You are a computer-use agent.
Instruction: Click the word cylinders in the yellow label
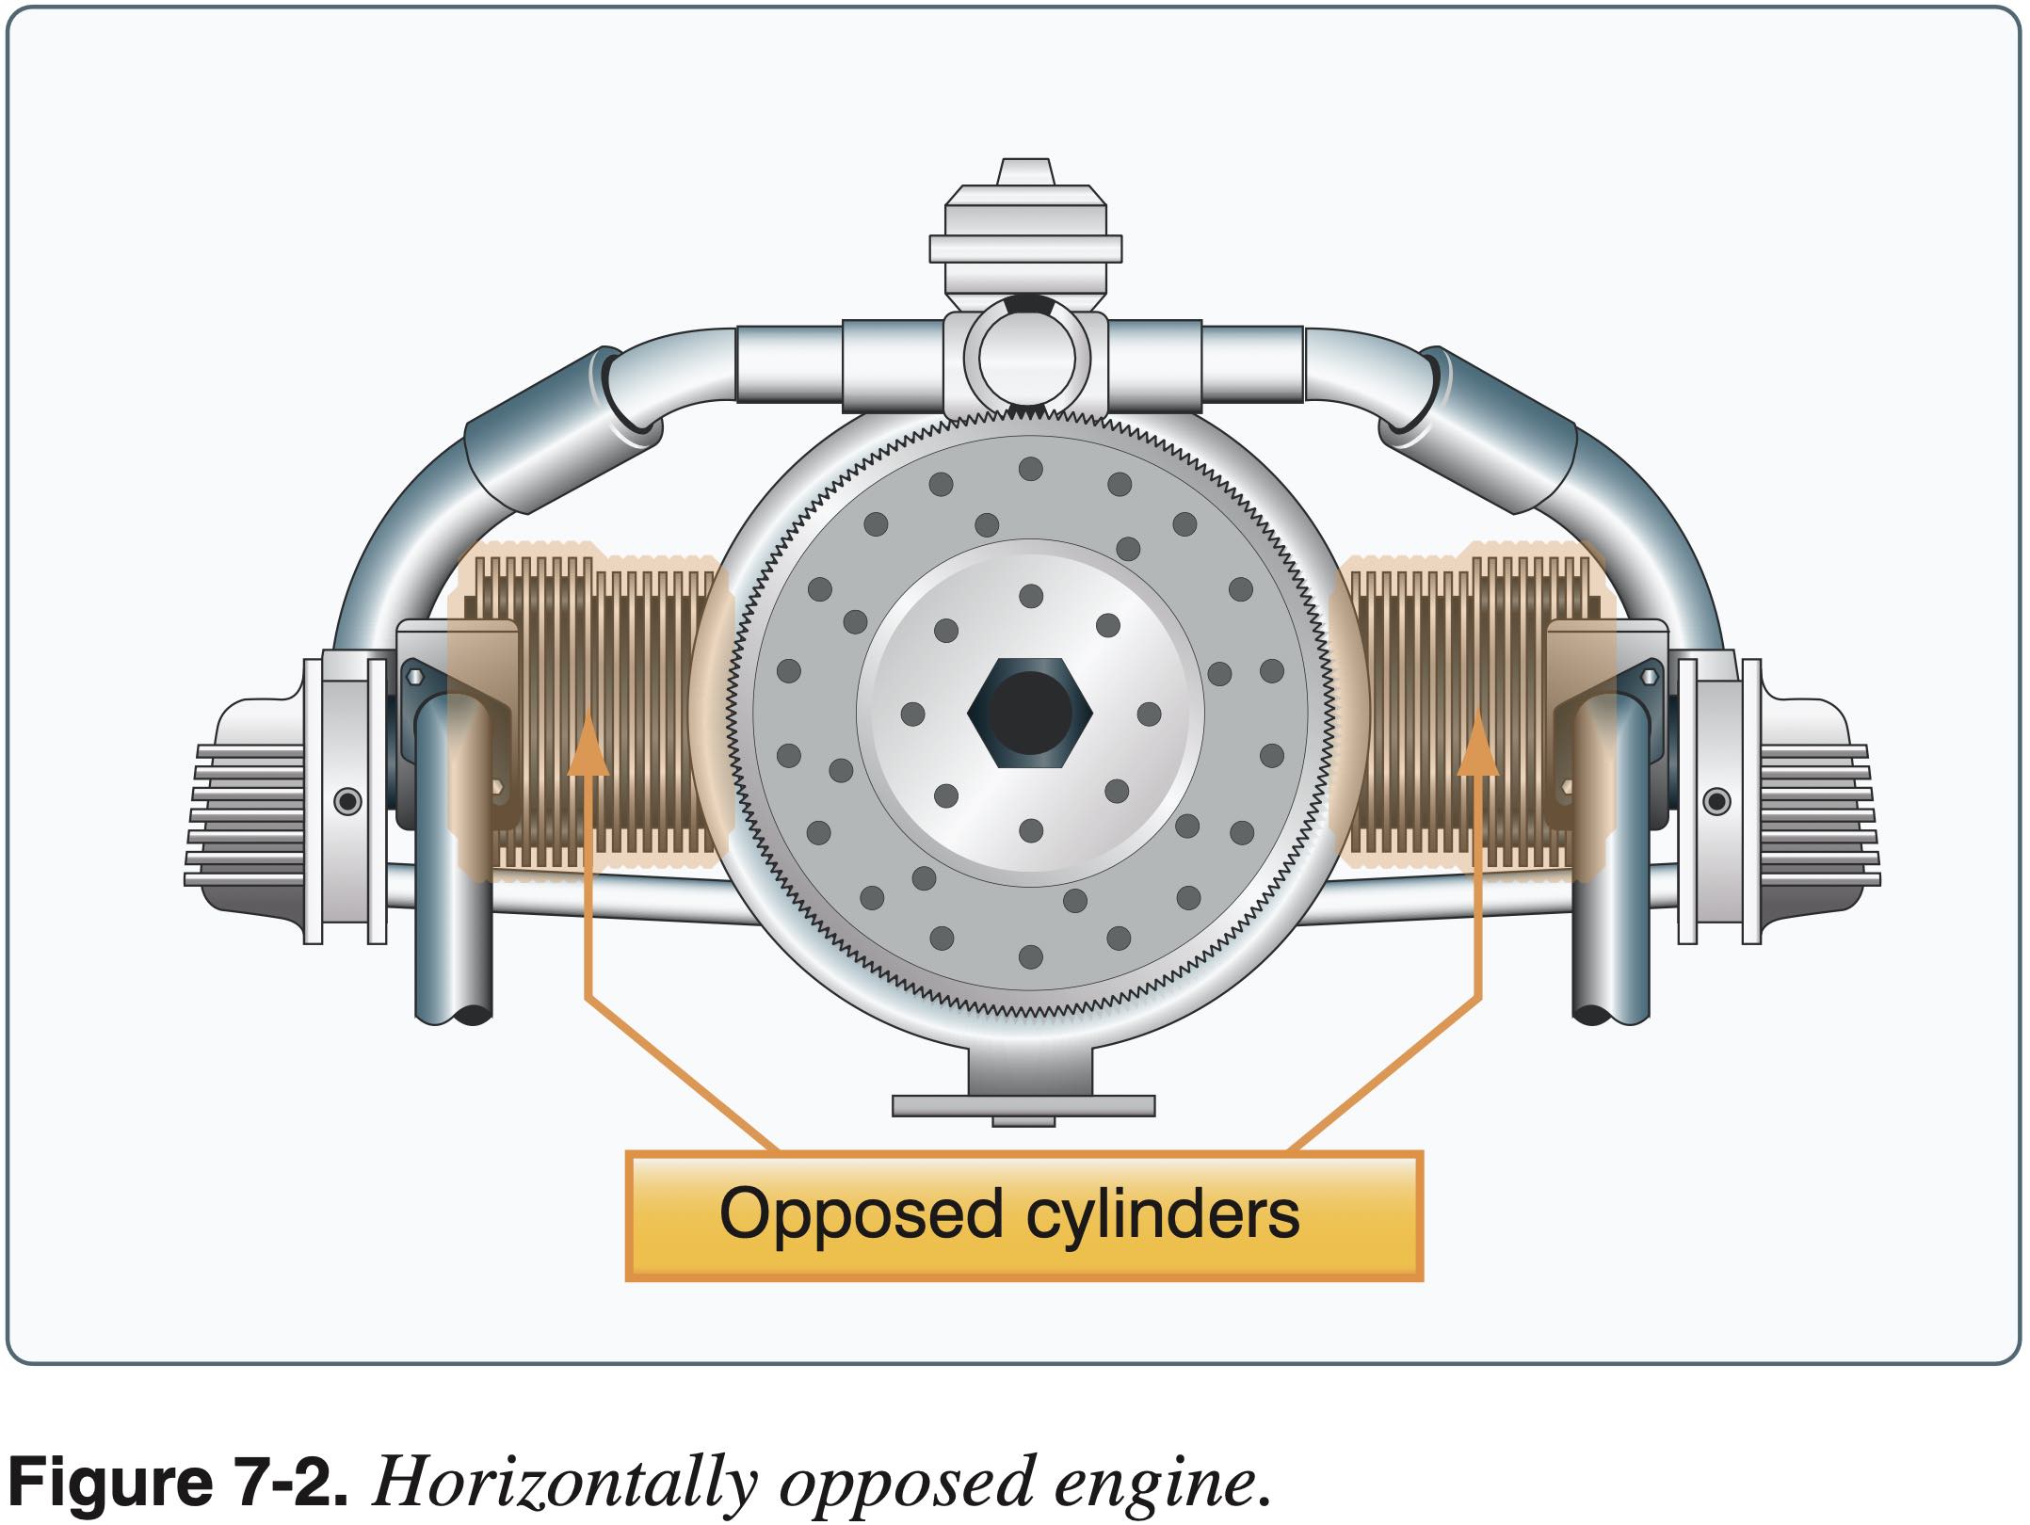point(1162,1214)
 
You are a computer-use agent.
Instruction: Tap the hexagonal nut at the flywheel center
point(1030,713)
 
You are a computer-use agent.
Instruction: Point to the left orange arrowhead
point(589,744)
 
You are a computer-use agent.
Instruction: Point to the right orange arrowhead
point(1477,744)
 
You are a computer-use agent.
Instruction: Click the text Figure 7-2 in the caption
point(179,1482)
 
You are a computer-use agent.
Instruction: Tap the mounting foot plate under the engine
point(1023,1104)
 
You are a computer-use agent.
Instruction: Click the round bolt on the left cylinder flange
point(348,802)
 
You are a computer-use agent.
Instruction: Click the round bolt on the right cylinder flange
point(1716,802)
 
